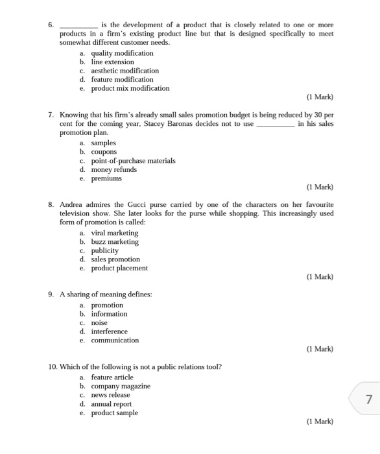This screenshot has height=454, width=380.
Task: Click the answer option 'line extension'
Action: coord(112,62)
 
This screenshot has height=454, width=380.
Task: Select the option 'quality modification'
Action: coord(122,53)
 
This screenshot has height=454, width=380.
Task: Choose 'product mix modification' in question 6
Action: coord(130,88)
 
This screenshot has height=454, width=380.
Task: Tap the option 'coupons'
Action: coord(104,152)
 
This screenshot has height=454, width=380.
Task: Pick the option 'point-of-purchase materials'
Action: coord(133,161)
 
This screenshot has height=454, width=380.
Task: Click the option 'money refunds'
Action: coord(113,169)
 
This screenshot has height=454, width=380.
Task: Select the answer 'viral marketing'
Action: coord(114,233)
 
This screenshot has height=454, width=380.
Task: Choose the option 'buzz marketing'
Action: coord(114,242)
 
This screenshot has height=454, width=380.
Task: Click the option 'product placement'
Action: coord(119,268)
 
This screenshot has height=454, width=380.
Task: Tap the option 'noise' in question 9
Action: coord(99,322)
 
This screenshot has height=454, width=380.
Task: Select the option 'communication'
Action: coord(115,340)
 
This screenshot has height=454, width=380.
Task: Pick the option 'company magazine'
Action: coord(120,386)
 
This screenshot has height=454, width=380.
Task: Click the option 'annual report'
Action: coord(111,403)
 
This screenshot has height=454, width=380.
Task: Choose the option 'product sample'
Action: coord(114,412)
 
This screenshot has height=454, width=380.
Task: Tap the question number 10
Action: coord(53,367)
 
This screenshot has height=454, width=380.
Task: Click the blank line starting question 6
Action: coord(78,25)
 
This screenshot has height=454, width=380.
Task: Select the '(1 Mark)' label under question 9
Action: coord(320,349)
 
